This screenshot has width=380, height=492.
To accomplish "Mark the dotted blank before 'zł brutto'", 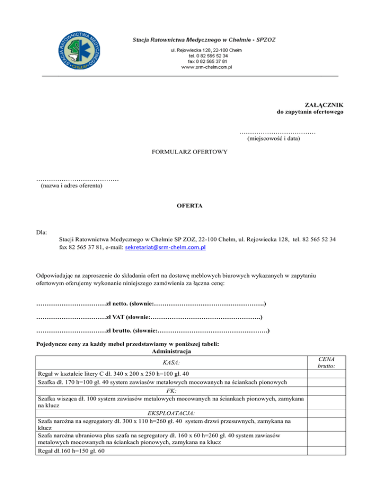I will tap(71, 330).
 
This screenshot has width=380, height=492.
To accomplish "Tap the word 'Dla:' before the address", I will tap(42, 232).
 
